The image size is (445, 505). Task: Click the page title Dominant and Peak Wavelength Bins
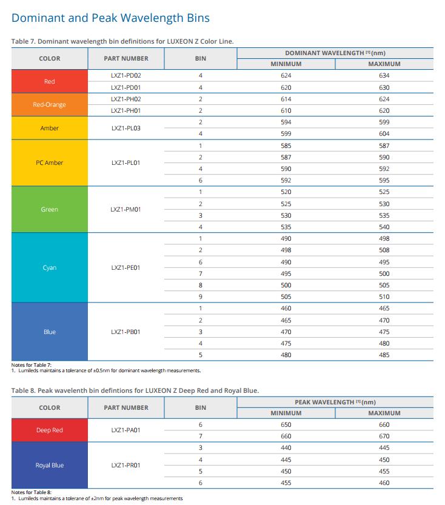click(x=110, y=18)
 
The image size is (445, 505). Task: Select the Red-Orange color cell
click(x=50, y=105)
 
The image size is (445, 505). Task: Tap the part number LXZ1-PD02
click(x=126, y=75)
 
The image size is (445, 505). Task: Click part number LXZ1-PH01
click(x=126, y=110)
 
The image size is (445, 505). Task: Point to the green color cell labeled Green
click(x=50, y=209)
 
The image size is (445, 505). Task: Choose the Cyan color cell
click(x=50, y=267)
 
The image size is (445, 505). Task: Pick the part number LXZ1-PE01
click(x=126, y=267)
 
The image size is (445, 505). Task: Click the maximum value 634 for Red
click(x=384, y=75)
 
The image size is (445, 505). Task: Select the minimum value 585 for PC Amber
click(x=286, y=145)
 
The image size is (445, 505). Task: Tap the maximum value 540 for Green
click(x=384, y=227)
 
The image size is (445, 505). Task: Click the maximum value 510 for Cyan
click(x=384, y=296)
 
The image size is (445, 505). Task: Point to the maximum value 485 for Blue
click(x=384, y=355)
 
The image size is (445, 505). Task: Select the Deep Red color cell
click(x=50, y=430)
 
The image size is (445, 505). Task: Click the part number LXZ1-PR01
click(x=126, y=466)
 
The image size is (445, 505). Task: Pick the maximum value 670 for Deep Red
click(x=384, y=436)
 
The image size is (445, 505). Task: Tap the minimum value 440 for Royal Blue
click(x=286, y=447)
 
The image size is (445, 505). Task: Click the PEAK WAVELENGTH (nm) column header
click(x=335, y=403)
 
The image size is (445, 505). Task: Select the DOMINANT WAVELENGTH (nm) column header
click(x=335, y=53)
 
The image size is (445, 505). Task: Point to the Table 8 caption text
click(x=135, y=390)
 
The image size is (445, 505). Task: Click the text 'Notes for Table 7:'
click(x=32, y=365)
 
